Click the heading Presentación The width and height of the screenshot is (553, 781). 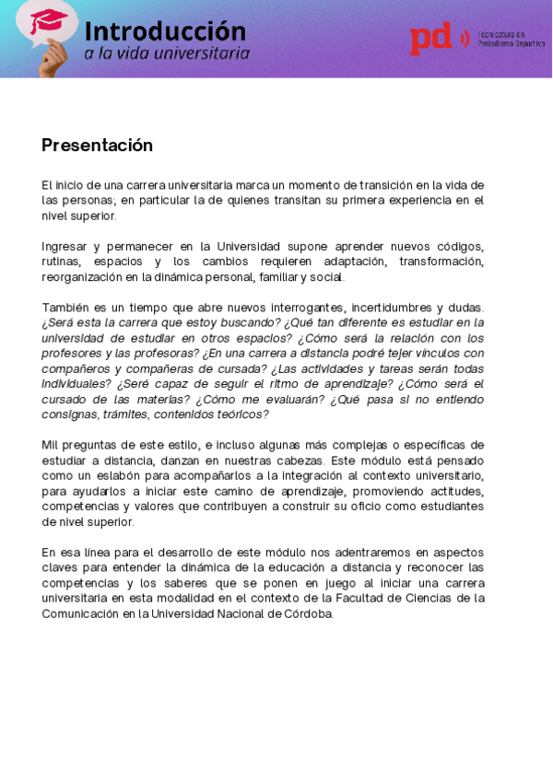click(97, 146)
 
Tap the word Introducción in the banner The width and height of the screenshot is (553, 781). click(165, 31)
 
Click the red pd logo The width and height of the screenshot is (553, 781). click(431, 39)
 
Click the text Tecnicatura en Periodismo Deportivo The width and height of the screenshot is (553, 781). click(511, 39)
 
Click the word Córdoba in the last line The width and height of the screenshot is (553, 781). click(306, 613)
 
